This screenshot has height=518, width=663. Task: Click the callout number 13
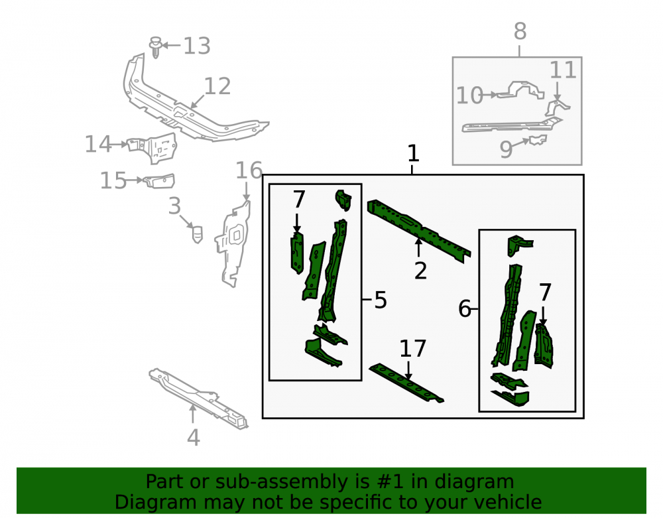coord(197,46)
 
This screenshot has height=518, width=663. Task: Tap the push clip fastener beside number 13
coord(156,47)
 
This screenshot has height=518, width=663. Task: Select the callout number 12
coord(217,86)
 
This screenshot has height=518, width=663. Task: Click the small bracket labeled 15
coord(159,180)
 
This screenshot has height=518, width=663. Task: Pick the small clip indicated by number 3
coord(197,234)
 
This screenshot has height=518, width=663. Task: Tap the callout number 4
coord(193,438)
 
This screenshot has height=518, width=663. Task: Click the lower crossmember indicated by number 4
coord(198,399)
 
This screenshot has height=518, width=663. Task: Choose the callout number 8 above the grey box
coord(520,31)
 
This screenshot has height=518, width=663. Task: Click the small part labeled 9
coord(536,140)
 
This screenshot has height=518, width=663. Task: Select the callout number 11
coord(563,70)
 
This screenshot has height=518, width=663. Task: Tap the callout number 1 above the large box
coord(413,153)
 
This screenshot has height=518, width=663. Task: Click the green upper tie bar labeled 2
coord(418,231)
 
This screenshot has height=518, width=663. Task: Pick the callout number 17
coord(412,349)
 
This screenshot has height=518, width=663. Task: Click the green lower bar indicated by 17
coord(406,383)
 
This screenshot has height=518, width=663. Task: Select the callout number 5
coord(381,300)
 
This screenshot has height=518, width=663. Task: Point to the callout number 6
coord(465,308)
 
